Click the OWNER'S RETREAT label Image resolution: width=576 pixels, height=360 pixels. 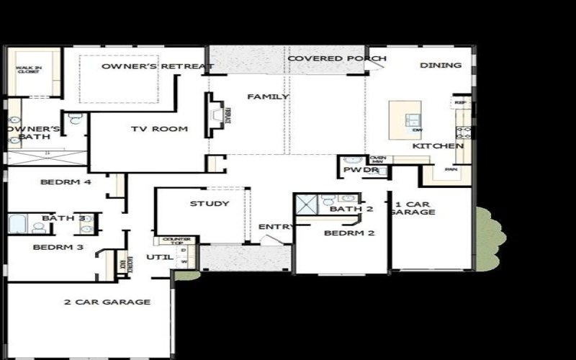click(158, 67)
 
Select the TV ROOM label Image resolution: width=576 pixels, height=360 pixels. click(159, 130)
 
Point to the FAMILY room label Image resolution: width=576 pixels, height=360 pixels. click(268, 96)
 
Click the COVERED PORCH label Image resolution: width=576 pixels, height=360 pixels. click(336, 58)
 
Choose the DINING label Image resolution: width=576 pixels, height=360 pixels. click(441, 66)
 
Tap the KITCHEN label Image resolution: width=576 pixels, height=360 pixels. click(438, 146)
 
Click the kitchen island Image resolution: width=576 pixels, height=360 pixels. click(405, 120)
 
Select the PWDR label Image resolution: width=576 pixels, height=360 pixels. click(356, 171)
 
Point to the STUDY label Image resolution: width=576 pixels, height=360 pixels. click(210, 204)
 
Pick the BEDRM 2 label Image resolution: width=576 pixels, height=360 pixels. click(349, 233)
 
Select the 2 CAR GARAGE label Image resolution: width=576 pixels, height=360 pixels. click(107, 302)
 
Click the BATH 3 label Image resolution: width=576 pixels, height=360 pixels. click(63, 218)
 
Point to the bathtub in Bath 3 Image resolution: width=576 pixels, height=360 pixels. click(17, 224)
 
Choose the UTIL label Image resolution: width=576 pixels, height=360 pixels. click(157, 257)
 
